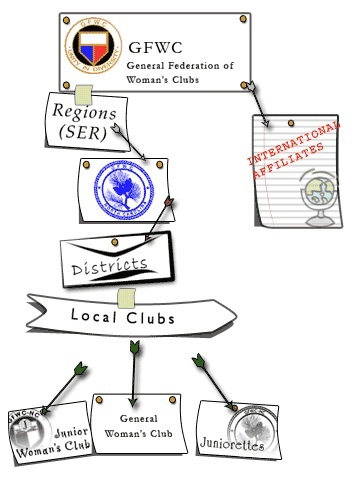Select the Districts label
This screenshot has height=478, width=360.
pyautogui.click(x=112, y=266)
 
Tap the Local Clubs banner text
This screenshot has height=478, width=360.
pyautogui.click(x=123, y=316)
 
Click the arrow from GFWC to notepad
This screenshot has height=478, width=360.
pyautogui.click(x=259, y=106)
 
